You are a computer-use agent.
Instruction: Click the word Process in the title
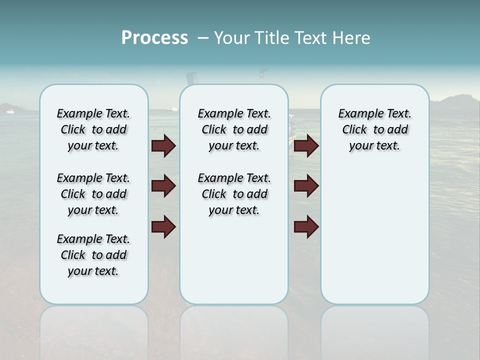154,38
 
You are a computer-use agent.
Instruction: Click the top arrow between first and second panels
163,145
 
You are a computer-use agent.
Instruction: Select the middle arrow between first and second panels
163,186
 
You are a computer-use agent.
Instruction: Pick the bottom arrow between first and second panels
163,226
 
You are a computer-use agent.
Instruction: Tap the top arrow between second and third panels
306,145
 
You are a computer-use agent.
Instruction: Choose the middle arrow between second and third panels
306,186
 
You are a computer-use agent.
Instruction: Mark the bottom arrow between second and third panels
306,226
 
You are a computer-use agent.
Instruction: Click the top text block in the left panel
93,129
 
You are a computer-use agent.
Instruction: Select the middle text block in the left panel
93,194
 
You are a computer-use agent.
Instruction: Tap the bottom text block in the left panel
93,255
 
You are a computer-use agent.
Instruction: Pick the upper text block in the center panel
234,129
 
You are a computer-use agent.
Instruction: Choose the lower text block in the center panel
234,194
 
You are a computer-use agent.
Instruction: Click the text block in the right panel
374,129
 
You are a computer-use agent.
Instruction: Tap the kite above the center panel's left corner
191,78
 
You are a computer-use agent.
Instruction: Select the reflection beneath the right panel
374,330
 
